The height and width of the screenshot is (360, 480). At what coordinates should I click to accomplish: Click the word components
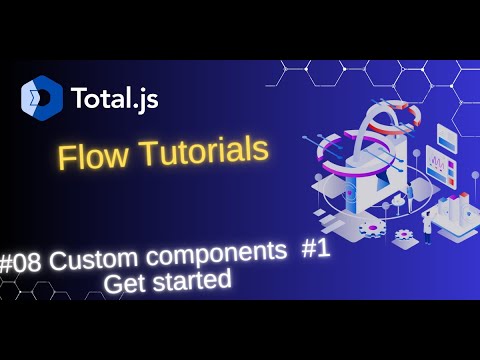tap(211, 256)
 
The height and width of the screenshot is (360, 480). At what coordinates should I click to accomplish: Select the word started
tap(194, 279)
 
